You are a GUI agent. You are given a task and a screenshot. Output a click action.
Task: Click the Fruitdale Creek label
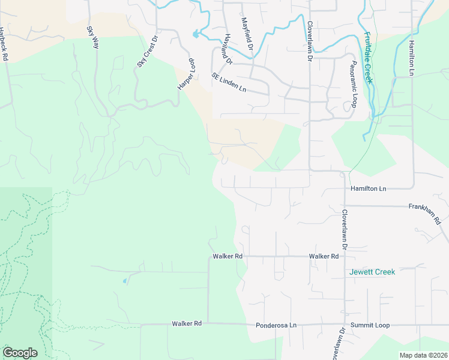pos(368,58)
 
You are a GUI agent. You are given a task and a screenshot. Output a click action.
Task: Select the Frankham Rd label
pos(425,212)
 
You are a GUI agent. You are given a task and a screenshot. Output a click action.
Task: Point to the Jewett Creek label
pos(372,272)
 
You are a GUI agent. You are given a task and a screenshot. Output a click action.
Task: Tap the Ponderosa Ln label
pos(276,325)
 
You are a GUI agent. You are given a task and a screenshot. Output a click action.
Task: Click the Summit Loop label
pos(370,325)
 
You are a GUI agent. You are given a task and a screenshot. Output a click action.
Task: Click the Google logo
pos(20,353)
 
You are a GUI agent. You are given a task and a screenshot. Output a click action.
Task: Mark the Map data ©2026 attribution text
pos(423,355)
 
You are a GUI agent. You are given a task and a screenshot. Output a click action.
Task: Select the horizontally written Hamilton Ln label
pos(369,188)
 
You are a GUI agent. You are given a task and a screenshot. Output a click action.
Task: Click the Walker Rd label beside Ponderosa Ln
pos(187,323)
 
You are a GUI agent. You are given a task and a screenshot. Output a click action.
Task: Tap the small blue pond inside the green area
pos(124,280)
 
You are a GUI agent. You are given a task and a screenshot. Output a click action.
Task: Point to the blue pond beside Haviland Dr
pos(196,34)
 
